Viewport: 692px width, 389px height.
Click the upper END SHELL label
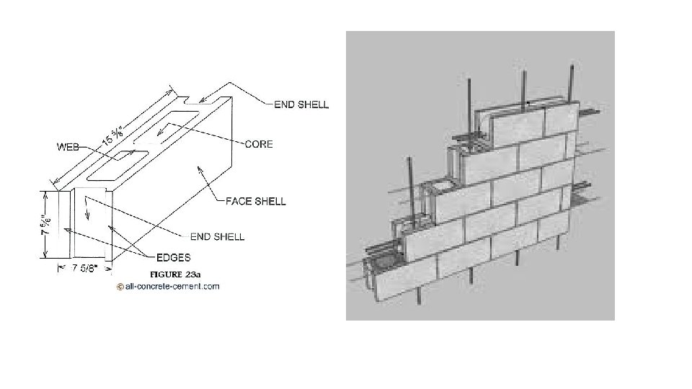(301, 104)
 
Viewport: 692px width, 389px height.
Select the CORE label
(259, 145)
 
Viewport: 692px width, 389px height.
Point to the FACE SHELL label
(255, 202)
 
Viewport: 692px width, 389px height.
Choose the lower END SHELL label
(216, 236)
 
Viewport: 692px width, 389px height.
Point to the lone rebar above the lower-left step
(412, 176)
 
